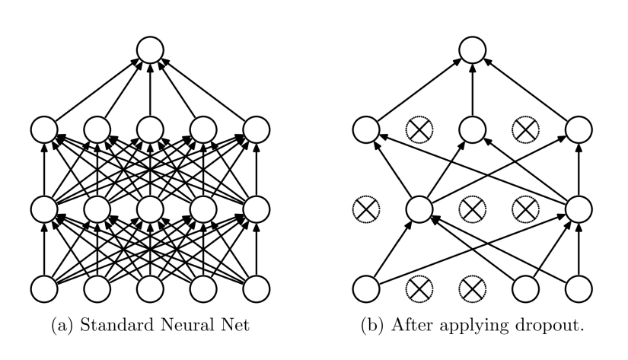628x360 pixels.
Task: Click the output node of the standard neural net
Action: pos(149,53)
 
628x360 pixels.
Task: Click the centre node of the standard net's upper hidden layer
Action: pos(149,131)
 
